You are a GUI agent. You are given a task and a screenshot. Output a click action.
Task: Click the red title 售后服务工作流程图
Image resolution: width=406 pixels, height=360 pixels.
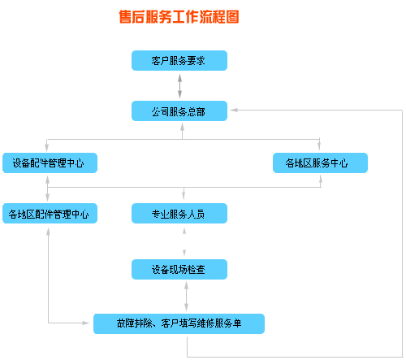[179, 17]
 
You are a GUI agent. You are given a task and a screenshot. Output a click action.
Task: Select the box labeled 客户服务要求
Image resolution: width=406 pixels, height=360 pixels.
[179, 60]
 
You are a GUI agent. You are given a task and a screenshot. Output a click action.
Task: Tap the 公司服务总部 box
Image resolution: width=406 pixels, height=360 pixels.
[179, 111]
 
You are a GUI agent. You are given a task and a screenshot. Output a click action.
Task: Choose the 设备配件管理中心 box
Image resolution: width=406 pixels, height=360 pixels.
[50, 163]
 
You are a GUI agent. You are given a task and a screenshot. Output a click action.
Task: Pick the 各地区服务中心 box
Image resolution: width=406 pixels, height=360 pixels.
[320, 163]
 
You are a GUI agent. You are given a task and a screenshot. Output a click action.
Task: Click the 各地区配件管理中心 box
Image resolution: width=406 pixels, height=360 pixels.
[50, 213]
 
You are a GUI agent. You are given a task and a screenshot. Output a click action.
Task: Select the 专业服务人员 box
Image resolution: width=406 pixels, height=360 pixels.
[179, 213]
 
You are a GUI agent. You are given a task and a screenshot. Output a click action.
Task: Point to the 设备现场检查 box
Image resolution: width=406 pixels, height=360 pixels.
[179, 269]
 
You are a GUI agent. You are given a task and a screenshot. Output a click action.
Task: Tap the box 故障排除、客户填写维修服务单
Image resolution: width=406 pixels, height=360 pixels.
[179, 323]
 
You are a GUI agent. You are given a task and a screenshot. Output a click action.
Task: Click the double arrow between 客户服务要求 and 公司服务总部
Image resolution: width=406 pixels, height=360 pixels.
[179, 86]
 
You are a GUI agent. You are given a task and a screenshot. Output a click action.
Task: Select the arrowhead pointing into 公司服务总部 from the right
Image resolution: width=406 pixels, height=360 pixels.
[234, 110]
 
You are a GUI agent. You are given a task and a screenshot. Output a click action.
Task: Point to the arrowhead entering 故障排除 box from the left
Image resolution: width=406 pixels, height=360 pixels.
[85, 323]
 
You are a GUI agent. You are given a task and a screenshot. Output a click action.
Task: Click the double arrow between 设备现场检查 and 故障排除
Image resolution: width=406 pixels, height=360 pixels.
[186, 296]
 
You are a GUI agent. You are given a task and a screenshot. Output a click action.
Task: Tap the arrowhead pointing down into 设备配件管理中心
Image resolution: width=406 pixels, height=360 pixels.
[47, 148]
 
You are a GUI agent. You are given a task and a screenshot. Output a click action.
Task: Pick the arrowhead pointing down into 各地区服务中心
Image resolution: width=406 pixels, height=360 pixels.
[319, 146]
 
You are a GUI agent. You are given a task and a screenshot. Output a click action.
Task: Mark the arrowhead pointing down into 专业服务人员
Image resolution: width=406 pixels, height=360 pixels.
[184, 196]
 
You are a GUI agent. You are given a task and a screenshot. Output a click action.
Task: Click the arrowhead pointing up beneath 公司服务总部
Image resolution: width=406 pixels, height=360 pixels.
[183, 127]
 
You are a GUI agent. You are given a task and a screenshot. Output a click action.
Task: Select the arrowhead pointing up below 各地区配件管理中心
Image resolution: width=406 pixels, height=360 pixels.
[48, 232]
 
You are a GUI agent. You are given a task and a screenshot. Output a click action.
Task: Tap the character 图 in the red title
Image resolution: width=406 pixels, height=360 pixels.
[232, 17]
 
